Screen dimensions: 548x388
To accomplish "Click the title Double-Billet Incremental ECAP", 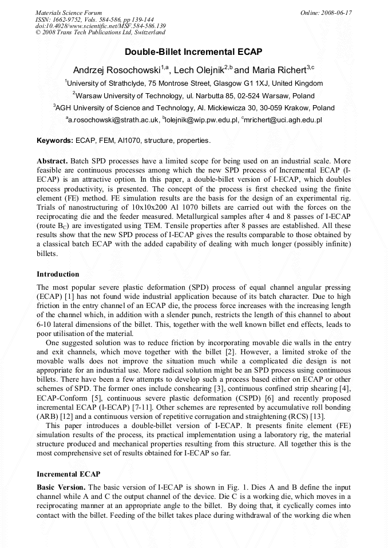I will click(x=193, y=52).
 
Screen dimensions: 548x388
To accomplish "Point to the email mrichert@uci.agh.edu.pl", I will click(x=283, y=120).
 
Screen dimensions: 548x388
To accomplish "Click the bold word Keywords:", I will click(x=55, y=141).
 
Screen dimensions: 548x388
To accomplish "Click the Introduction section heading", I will click(x=58, y=274).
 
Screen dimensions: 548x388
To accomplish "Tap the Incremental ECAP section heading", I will click(x=68, y=474).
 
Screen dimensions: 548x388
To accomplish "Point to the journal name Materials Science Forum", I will click(x=69, y=12).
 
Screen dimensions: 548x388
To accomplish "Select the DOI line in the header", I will click(x=101, y=26).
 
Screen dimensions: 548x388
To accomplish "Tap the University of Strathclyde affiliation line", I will click(x=193, y=83).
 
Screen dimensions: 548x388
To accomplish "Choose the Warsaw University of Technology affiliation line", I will click(x=193, y=96).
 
